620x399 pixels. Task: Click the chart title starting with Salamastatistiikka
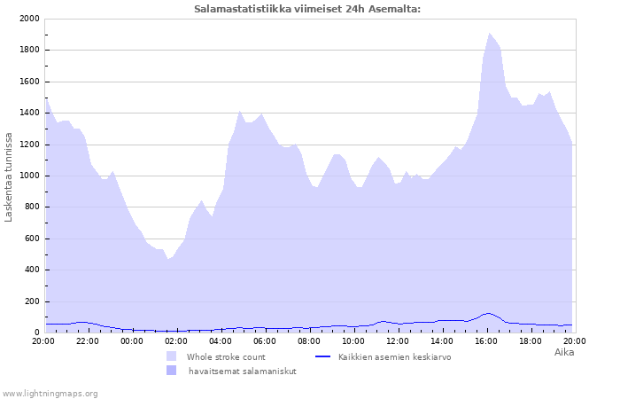307,9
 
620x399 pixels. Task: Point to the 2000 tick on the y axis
29,19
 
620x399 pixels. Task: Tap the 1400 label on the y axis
29,113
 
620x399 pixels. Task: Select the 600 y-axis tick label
32,239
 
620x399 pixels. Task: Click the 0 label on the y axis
37,332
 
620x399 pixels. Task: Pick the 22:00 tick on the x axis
88,341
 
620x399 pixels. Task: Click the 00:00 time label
132,341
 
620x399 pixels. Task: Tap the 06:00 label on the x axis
265,341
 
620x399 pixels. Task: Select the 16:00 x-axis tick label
486,341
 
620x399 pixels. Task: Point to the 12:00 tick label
398,341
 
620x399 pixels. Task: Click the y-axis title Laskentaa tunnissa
8,177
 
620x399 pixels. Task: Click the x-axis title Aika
564,352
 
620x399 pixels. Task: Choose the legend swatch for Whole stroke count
171,356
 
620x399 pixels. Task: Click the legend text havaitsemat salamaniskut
243,372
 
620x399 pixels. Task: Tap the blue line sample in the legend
322,356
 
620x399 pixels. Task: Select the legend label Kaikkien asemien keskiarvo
395,357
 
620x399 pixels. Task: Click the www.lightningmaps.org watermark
50,394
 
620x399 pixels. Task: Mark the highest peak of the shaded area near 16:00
490,34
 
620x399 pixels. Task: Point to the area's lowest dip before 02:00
167,259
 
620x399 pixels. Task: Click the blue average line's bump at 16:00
488,313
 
